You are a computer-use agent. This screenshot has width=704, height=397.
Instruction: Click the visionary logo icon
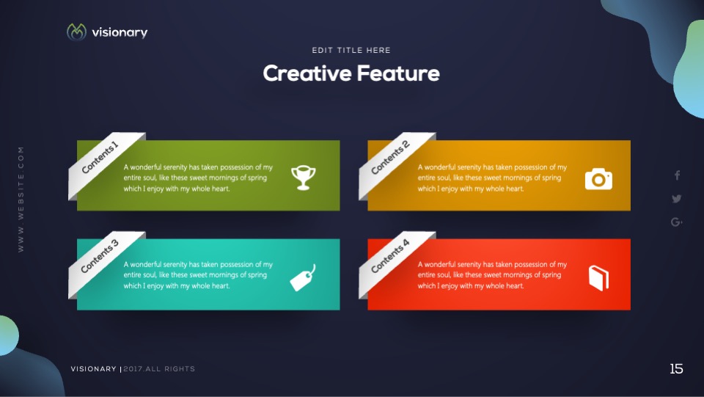tap(76, 32)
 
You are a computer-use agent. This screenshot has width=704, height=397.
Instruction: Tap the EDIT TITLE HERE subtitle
tap(351, 51)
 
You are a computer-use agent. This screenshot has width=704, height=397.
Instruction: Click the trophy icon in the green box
tap(303, 178)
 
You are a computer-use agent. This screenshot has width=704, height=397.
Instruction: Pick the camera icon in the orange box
tap(598, 179)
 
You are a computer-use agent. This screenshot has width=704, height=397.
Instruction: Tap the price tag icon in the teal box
tap(303, 278)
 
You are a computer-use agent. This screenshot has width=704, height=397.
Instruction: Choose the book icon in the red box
tap(598, 278)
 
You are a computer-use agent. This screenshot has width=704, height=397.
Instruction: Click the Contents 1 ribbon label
tap(100, 157)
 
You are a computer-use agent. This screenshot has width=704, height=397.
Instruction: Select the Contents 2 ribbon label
tap(390, 157)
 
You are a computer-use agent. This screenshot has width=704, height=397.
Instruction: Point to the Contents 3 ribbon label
tap(100, 256)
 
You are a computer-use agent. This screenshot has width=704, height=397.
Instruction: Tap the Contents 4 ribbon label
tap(390, 256)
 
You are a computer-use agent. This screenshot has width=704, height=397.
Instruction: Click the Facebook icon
tap(677, 175)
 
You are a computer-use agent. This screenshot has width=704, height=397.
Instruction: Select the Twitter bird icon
tap(677, 198)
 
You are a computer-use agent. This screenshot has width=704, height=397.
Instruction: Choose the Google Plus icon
tap(677, 222)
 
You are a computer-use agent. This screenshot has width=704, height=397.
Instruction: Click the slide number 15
tap(676, 368)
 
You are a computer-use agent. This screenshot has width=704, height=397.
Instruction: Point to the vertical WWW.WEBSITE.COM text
tap(21, 200)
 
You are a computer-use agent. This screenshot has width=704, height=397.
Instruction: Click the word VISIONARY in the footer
tap(93, 368)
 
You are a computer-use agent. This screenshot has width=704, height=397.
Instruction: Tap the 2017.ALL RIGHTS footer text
tap(159, 368)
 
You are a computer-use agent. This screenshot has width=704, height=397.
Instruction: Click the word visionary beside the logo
tap(120, 32)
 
